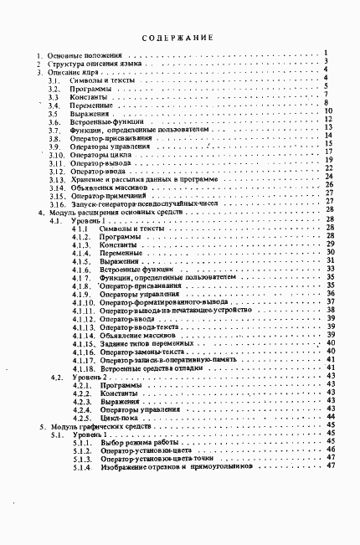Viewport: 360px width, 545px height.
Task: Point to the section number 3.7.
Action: (x=54, y=130)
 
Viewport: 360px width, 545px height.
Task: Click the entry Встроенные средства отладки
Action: (x=147, y=368)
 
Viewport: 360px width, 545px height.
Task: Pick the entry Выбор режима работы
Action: (x=138, y=443)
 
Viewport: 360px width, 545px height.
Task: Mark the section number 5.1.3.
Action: (x=81, y=458)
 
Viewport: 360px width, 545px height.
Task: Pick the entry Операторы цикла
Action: (x=104, y=155)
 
